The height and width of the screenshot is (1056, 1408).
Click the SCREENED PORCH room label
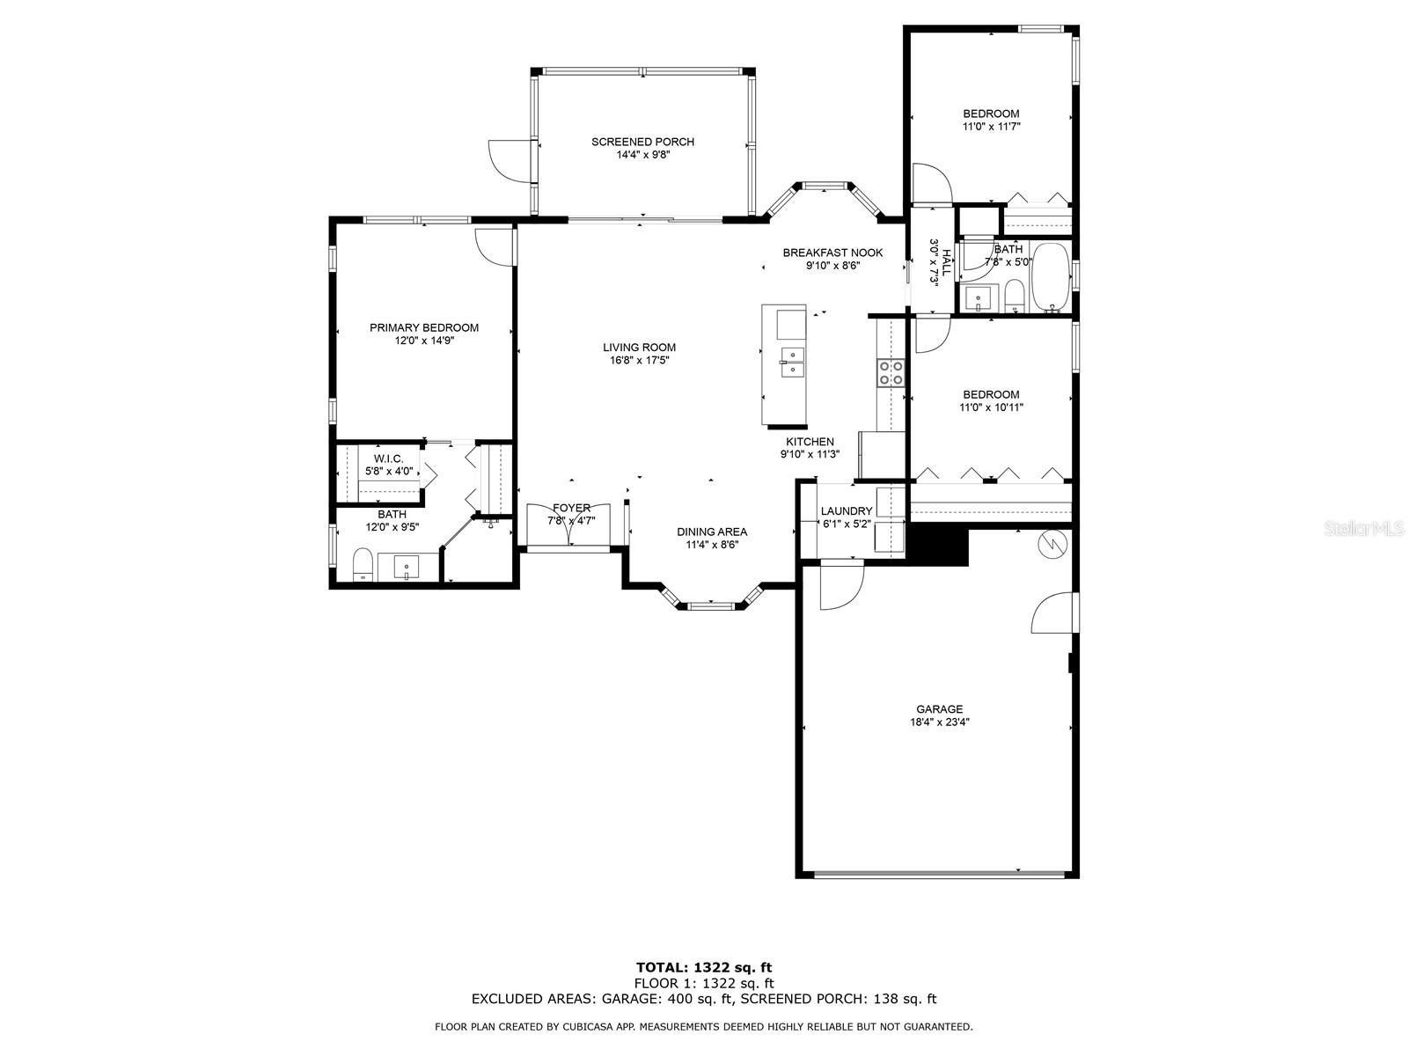click(x=642, y=142)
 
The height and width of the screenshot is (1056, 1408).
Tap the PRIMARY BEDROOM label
click(x=424, y=327)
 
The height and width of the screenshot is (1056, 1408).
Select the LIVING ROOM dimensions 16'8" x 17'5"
click(x=640, y=360)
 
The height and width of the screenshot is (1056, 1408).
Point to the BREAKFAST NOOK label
click(x=832, y=253)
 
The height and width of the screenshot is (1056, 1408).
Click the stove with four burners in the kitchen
click(x=891, y=372)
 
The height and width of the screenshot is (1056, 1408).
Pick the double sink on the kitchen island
click(x=792, y=363)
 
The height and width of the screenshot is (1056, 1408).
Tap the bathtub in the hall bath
click(x=1050, y=277)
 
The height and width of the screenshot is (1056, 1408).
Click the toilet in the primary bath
click(x=363, y=564)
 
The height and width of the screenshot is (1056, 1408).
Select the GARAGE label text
click(x=939, y=709)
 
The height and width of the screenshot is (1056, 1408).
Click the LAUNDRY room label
click(x=847, y=511)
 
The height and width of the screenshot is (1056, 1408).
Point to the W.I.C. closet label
click(x=389, y=458)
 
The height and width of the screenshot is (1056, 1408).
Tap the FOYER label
click(x=571, y=508)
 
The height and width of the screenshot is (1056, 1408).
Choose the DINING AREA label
click(x=712, y=532)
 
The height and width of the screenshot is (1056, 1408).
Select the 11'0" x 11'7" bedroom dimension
click(x=991, y=127)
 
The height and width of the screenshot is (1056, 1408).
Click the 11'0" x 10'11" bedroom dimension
click(x=991, y=407)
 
